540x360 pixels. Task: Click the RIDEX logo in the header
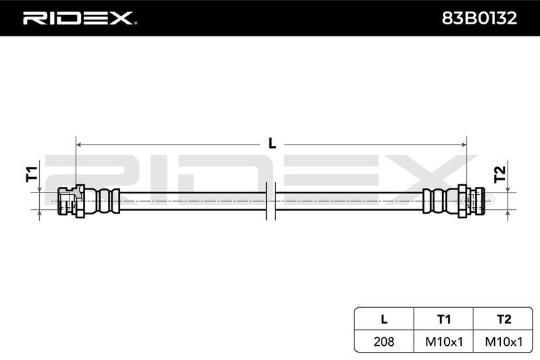(x=80, y=18)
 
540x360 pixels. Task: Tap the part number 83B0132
(x=479, y=18)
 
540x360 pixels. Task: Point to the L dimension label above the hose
(x=272, y=143)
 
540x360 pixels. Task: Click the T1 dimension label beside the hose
(x=32, y=174)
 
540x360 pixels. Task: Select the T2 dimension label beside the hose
(x=500, y=174)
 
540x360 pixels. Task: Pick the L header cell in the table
(x=384, y=319)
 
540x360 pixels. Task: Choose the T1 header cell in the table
(x=443, y=319)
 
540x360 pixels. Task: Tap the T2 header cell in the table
(x=504, y=319)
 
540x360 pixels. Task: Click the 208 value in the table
(x=384, y=341)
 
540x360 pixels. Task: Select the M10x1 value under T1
(x=444, y=342)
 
